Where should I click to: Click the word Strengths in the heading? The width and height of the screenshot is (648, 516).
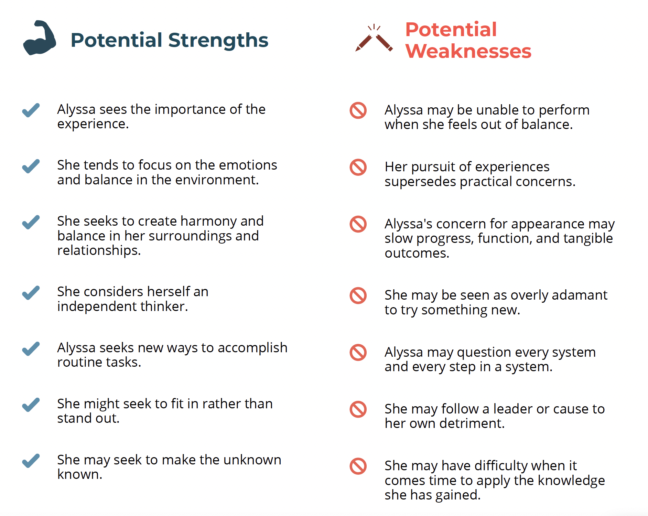(x=218, y=40)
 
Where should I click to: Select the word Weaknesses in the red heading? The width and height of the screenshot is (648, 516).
(x=468, y=51)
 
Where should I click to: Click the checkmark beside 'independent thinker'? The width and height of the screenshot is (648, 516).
(x=31, y=293)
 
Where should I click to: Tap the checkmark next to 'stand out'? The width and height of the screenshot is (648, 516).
(x=31, y=405)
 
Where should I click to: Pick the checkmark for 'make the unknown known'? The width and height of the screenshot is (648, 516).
(x=31, y=461)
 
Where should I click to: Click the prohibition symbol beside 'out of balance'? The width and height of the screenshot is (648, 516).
(x=358, y=110)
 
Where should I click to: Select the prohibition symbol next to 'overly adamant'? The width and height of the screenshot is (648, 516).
(x=358, y=295)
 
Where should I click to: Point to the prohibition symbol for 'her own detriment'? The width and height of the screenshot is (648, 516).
(x=358, y=409)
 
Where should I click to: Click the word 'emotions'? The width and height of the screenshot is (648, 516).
(x=248, y=165)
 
